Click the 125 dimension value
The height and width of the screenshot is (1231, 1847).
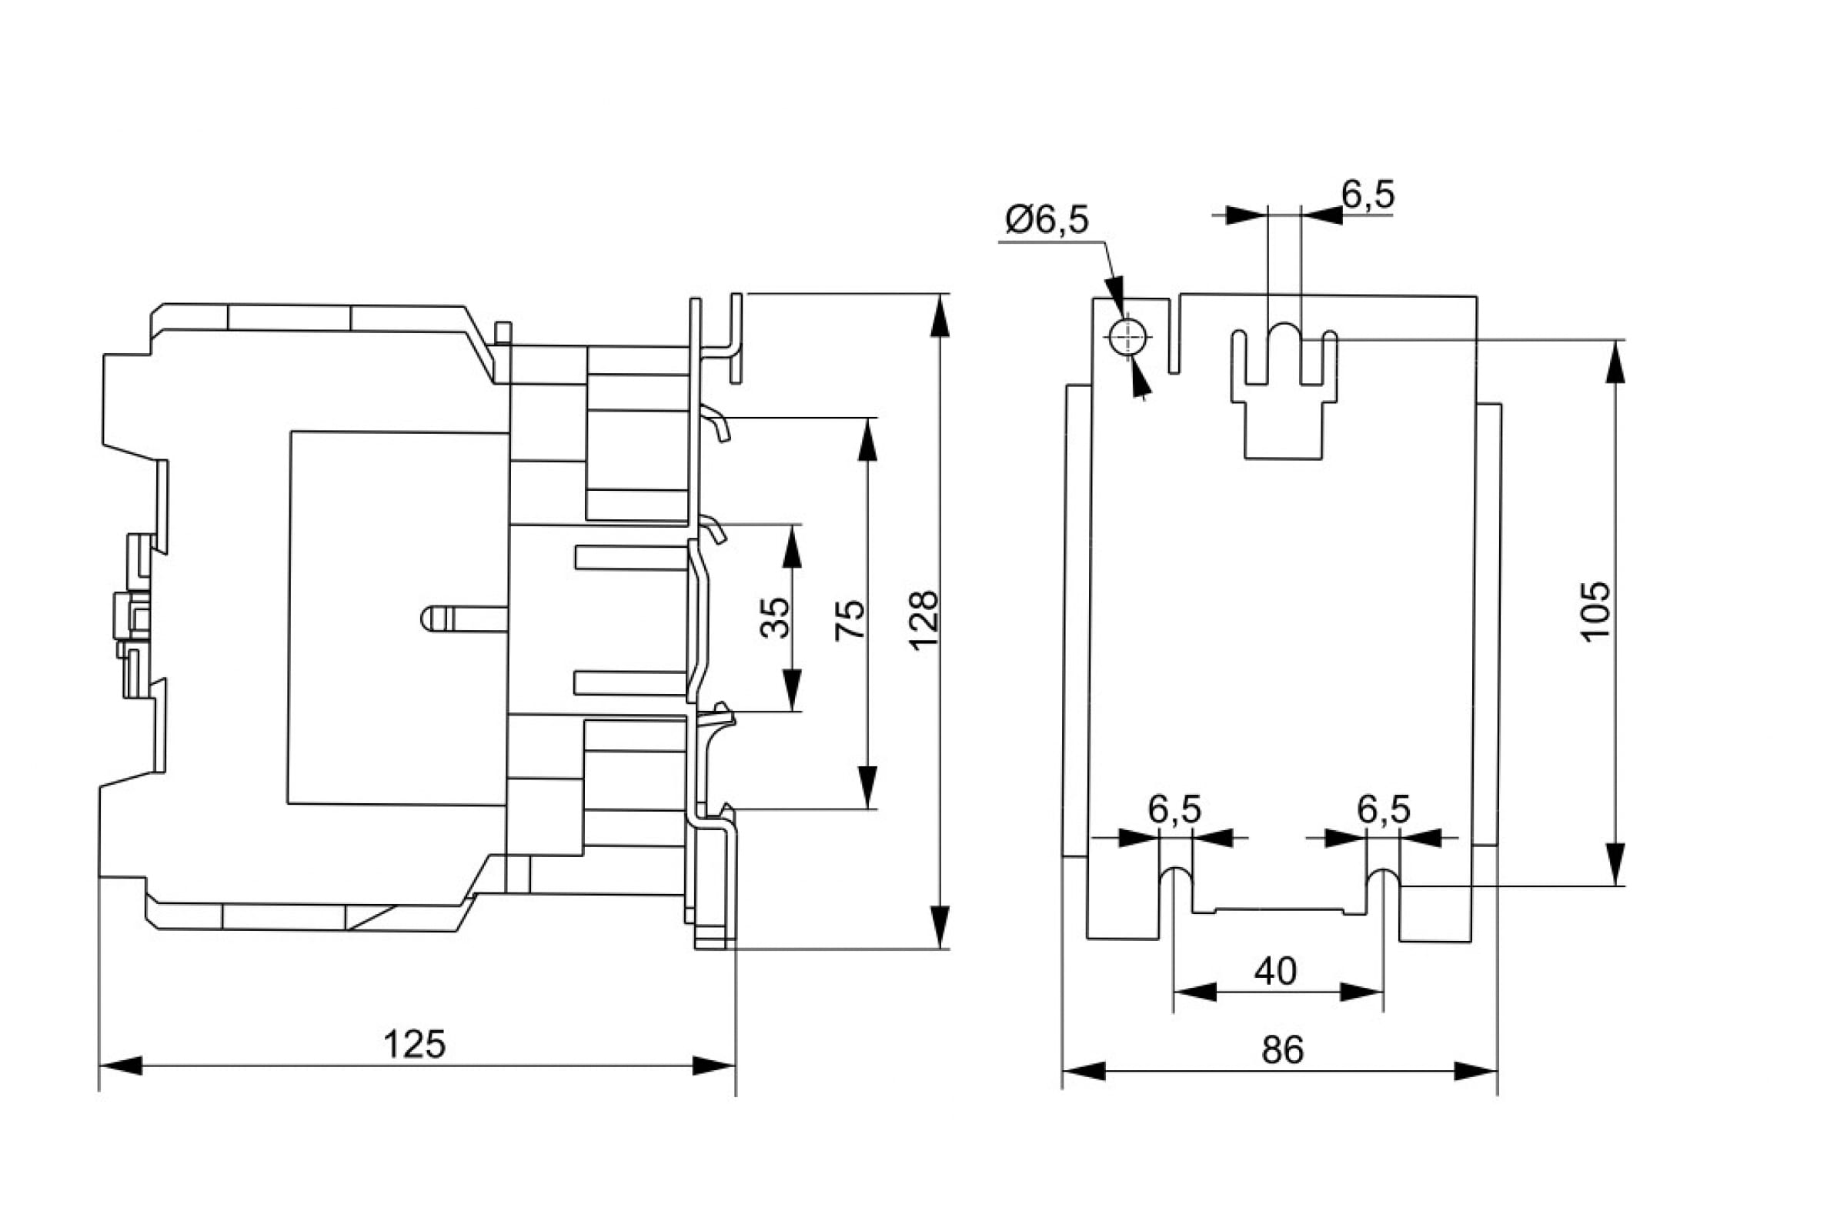point(414,1045)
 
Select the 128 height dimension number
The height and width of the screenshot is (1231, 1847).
point(923,619)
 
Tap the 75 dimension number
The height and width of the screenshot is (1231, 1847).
point(850,619)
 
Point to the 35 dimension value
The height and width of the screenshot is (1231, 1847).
point(776,618)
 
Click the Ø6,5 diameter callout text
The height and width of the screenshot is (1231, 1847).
point(1047,221)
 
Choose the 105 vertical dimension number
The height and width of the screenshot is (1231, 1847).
point(1595,612)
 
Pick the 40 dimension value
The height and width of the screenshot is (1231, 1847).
point(1275,972)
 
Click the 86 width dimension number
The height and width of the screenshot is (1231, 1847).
point(1282,1049)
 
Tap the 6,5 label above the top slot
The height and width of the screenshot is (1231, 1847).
point(1368,195)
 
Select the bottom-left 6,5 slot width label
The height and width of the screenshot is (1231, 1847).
point(1175,810)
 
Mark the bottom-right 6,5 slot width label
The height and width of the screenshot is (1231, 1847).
point(1384,810)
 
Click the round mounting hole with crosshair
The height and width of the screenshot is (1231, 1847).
point(1128,339)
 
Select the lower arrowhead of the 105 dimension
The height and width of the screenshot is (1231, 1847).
point(1615,864)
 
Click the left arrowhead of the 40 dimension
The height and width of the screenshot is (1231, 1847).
point(1194,993)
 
